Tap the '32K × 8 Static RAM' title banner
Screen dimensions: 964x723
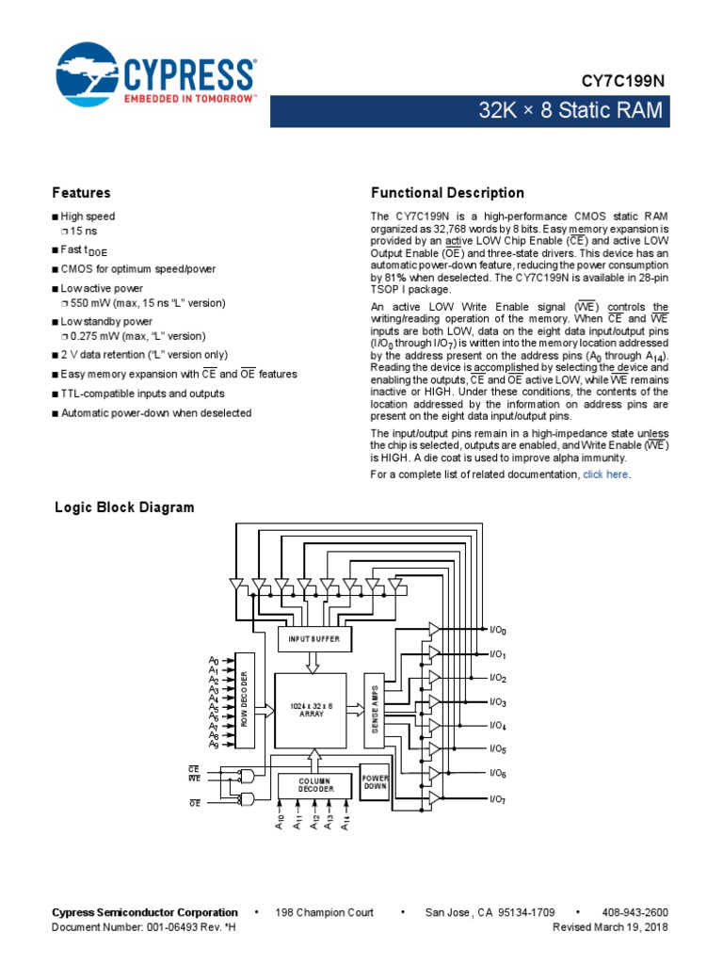pos(570,112)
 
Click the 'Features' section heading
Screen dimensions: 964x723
pos(81,192)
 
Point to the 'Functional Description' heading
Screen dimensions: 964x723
pos(447,193)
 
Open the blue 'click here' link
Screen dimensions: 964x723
pos(605,475)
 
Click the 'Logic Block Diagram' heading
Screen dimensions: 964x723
pos(125,507)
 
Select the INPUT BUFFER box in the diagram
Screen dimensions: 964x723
pos(314,638)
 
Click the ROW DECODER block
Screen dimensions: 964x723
pos(245,699)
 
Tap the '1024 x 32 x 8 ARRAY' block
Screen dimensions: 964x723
pos(311,711)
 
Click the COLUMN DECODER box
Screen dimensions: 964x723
pos(314,785)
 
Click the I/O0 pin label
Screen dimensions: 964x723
pos(498,630)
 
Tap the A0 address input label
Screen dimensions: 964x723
pos(214,661)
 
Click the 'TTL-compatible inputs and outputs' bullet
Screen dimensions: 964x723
pos(142,394)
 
